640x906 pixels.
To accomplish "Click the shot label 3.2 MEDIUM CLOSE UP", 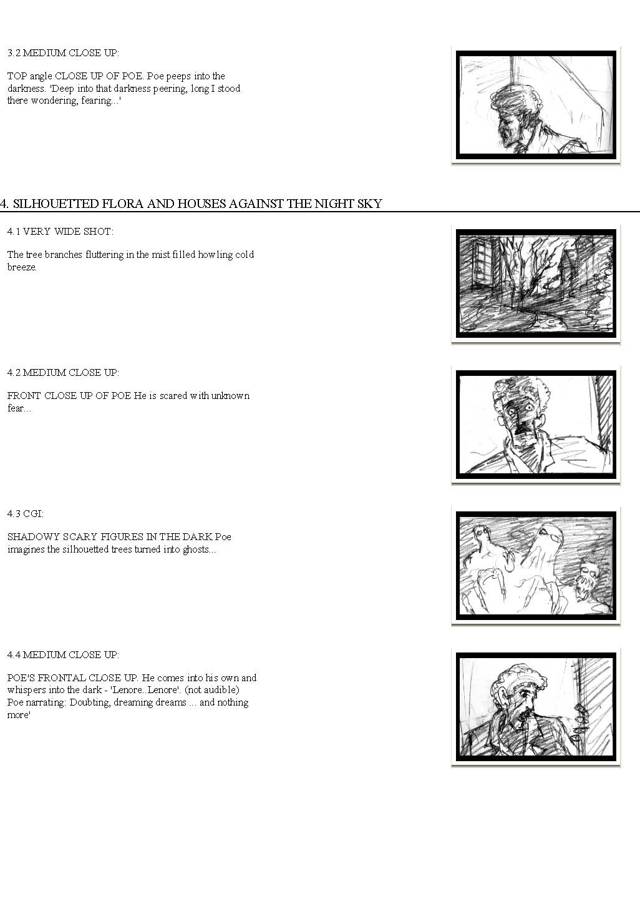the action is click(63, 53).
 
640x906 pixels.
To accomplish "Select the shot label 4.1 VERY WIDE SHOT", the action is click(61, 232).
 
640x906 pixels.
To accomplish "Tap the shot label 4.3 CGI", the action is click(26, 514).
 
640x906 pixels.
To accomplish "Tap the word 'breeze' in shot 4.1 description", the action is click(21, 267).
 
